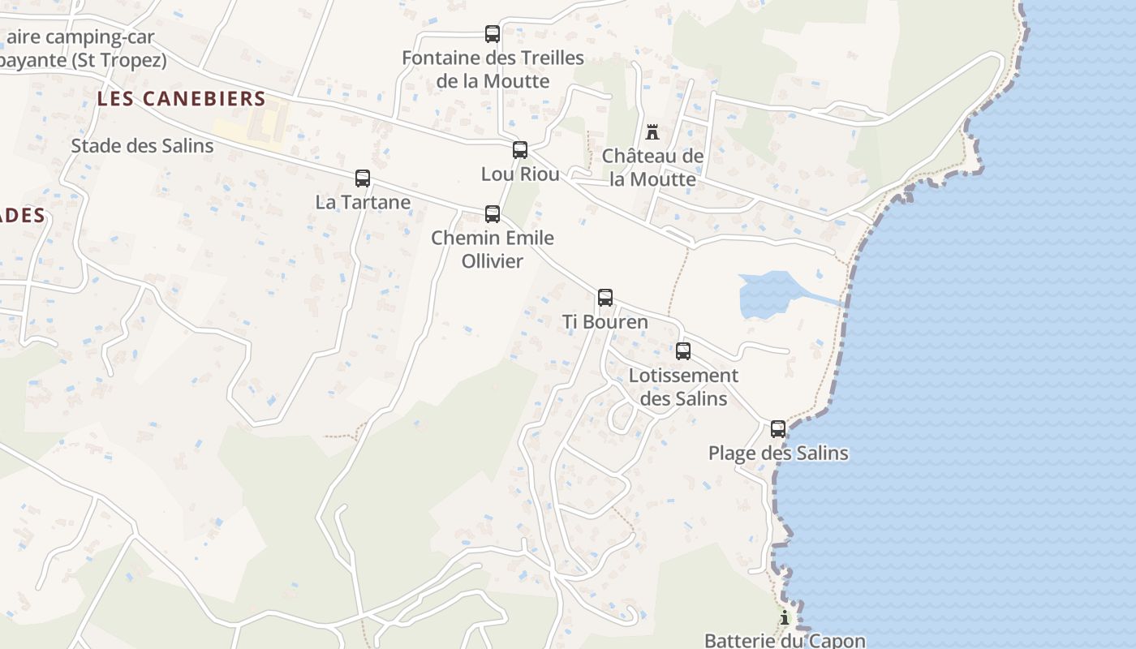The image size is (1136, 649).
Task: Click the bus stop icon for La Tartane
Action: pyautogui.click(x=363, y=178)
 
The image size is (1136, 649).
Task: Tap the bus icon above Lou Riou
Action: pyautogui.click(x=520, y=150)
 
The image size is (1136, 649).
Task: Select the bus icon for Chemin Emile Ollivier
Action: pyautogui.click(x=493, y=214)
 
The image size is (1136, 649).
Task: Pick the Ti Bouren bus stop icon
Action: pyautogui.click(x=605, y=298)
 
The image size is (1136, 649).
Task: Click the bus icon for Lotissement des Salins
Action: pyautogui.click(x=683, y=351)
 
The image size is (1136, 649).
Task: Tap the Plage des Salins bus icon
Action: pyautogui.click(x=778, y=429)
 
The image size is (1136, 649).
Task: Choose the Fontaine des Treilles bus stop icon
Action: pyautogui.click(x=493, y=34)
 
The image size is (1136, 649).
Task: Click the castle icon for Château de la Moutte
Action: pyautogui.click(x=652, y=132)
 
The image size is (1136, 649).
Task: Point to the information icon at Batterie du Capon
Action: pyautogui.click(x=784, y=619)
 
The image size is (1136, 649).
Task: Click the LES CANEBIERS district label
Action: pyautogui.click(x=182, y=99)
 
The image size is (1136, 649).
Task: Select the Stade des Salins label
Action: pyautogui.click(x=142, y=146)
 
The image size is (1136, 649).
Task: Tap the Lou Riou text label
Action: pyautogui.click(x=520, y=174)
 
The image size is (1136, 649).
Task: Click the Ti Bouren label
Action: pyautogui.click(x=605, y=322)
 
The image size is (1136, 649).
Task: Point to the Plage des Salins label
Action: pyautogui.click(x=778, y=453)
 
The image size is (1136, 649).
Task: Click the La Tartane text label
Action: pyautogui.click(x=363, y=202)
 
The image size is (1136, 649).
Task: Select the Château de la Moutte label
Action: pyautogui.click(x=652, y=167)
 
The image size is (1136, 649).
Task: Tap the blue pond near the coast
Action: pyautogui.click(x=767, y=294)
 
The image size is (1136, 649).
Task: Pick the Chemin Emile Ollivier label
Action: pyautogui.click(x=493, y=249)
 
